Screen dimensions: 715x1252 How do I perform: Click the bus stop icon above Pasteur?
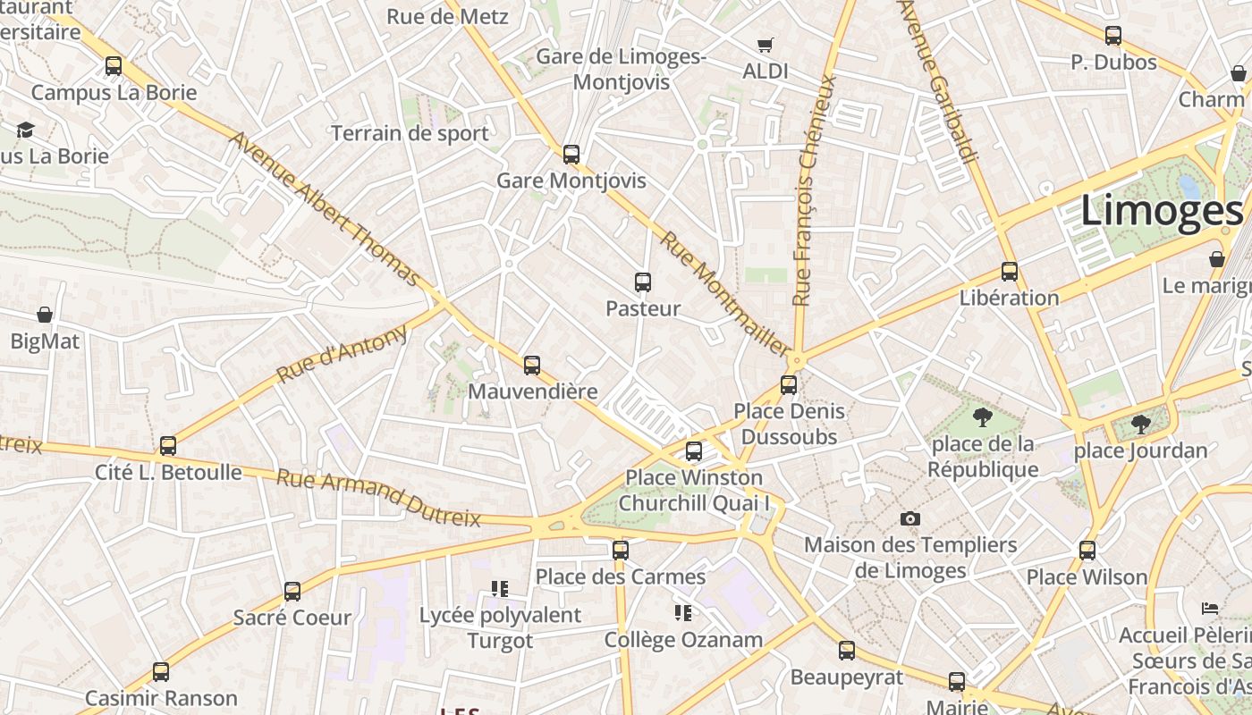(642, 282)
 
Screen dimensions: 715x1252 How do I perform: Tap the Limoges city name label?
(1161, 211)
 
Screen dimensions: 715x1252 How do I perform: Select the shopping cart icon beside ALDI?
(765, 45)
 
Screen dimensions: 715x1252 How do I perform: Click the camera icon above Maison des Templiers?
(909, 518)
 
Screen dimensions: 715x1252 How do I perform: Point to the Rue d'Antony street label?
(342, 355)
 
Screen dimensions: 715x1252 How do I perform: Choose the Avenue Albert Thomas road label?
(324, 209)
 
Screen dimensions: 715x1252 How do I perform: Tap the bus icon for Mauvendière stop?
(532, 365)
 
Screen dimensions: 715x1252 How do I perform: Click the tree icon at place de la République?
(982, 416)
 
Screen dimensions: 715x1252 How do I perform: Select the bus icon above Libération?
(1010, 271)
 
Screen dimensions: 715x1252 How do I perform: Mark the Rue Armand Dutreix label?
(378, 497)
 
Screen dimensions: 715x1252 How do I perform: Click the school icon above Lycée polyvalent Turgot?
(499, 588)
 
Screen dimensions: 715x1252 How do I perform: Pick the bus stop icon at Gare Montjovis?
(571, 154)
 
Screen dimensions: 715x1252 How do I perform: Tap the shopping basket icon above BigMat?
(45, 315)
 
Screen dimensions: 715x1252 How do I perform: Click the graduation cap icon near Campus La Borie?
(25, 130)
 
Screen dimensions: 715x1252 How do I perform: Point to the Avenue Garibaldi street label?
(937, 80)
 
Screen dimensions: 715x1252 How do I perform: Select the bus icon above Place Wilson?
(1087, 550)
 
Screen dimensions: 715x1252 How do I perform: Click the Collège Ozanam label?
(683, 640)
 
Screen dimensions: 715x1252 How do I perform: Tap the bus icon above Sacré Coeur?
(292, 591)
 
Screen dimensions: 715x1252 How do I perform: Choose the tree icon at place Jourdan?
(1140, 424)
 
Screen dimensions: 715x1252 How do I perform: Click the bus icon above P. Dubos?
(1113, 36)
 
